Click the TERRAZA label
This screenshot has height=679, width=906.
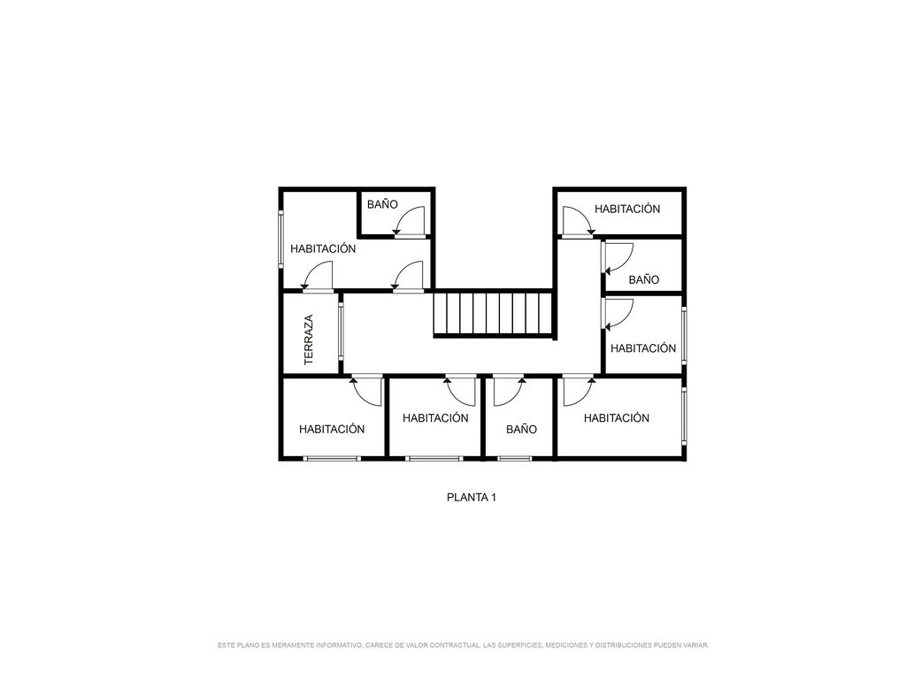[309, 339]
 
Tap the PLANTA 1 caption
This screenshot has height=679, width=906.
[472, 497]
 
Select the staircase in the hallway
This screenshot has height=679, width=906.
[493, 314]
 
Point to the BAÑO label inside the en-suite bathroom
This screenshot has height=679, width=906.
[382, 204]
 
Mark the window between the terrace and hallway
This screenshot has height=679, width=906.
[341, 333]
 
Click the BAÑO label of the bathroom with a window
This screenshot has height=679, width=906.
[521, 429]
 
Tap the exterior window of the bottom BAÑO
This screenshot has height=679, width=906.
[515, 459]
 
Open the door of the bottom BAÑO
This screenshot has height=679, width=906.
[509, 391]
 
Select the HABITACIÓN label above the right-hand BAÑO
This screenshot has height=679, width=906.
[627, 209]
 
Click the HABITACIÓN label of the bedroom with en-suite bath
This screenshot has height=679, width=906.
[323, 248]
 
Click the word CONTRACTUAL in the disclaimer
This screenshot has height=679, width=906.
[455, 645]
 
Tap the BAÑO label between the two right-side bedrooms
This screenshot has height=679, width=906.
[644, 280]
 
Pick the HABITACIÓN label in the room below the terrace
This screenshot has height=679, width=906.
[332, 429]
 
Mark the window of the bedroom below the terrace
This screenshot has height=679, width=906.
[332, 459]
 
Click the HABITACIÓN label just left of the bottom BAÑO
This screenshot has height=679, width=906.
[435, 418]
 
